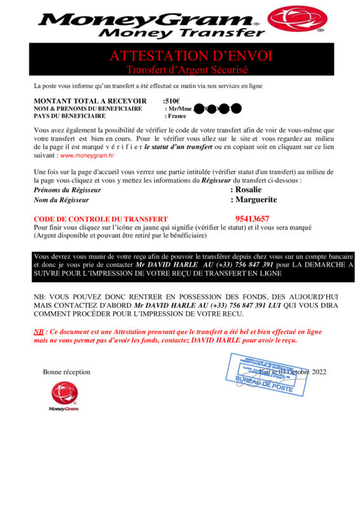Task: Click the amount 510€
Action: [x=172, y=101]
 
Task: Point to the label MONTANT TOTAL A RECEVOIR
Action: [x=90, y=101]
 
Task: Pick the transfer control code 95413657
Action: [x=252, y=219]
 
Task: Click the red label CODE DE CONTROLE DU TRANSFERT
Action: [x=100, y=220]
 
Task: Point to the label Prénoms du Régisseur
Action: [x=67, y=190]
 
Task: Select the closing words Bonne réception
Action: [x=67, y=372]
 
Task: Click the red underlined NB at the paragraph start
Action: [x=39, y=331]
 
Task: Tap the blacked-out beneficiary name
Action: [x=216, y=109]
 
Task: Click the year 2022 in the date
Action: [x=315, y=372]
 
